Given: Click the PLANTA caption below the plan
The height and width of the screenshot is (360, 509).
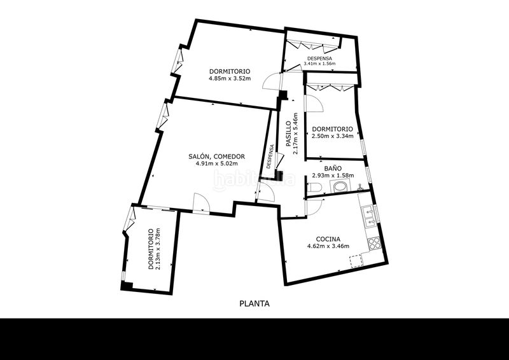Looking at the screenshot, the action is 254,304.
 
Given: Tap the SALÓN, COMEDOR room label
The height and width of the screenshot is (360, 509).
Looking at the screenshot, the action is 216,156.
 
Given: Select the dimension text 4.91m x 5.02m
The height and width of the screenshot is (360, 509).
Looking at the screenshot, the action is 216,163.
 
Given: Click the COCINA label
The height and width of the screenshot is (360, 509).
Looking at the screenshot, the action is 328,239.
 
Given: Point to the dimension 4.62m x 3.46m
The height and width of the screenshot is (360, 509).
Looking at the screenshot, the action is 328,246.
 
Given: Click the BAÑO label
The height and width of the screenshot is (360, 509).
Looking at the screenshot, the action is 333,169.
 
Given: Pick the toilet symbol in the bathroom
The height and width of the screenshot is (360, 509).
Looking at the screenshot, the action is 314,187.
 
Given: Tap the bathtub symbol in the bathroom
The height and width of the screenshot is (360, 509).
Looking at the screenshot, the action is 340,186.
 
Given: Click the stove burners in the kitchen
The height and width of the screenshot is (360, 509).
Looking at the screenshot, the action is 374,243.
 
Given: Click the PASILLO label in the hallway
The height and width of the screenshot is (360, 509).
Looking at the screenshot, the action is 288,134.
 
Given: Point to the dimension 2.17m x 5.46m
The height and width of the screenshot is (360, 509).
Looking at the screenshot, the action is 295,134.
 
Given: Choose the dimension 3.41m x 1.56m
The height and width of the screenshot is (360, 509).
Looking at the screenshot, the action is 319,64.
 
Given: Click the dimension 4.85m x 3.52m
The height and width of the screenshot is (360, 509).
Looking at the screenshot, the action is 230,78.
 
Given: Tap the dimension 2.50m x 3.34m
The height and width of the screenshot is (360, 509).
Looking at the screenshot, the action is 332,136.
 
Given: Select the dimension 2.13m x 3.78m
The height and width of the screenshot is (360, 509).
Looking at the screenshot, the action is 158,249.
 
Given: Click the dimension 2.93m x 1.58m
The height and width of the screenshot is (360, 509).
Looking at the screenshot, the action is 333,176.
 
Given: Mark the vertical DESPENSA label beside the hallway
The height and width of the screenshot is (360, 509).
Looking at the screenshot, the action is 269,156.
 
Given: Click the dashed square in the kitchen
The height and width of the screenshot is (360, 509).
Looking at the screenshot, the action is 356,261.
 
